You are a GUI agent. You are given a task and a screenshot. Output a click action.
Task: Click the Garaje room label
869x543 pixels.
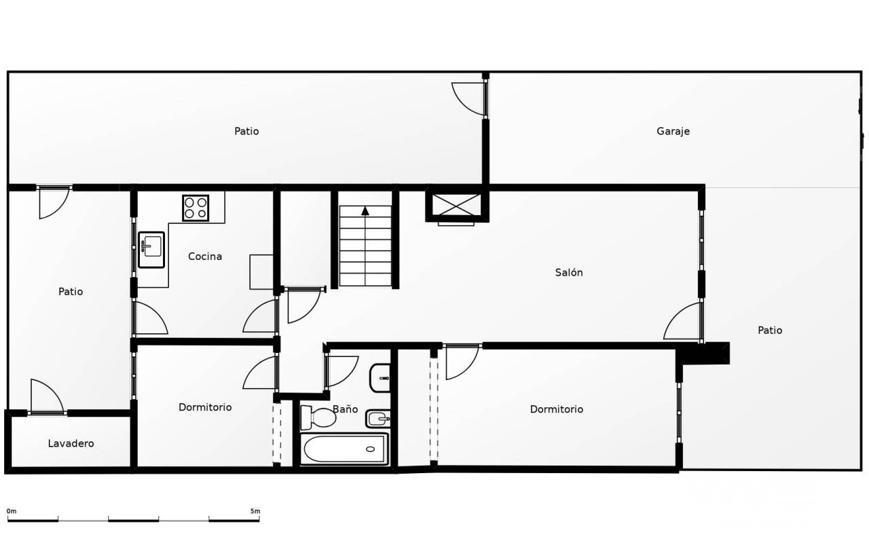click(x=673, y=132)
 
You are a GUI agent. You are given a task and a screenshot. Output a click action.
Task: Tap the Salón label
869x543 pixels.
click(x=569, y=272)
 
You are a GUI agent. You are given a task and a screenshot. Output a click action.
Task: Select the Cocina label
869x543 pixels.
click(x=205, y=257)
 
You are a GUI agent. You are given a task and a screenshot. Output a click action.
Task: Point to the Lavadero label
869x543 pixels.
click(x=71, y=443)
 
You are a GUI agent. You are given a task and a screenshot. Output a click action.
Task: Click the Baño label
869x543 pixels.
click(x=346, y=409)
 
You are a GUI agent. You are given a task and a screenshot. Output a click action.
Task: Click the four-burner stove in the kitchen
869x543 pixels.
click(x=196, y=208)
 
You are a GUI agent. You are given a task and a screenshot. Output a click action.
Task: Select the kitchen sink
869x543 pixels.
click(x=151, y=250)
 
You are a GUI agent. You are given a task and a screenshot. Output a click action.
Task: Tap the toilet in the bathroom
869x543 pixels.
click(x=318, y=417)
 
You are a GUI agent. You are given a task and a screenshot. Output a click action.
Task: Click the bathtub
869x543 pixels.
click(x=344, y=449)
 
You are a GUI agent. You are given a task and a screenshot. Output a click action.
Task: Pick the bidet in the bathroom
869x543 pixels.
click(x=377, y=419)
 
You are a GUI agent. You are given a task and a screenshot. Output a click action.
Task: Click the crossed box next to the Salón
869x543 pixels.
click(x=457, y=205)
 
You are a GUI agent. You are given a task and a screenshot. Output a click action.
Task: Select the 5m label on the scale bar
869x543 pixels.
click(x=255, y=511)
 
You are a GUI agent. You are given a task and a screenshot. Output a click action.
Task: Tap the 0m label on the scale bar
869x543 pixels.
click(x=12, y=511)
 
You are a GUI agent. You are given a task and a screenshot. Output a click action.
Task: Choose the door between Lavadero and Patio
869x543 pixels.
click(x=47, y=396)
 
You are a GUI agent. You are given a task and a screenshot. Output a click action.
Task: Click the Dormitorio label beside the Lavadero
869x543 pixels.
click(x=205, y=407)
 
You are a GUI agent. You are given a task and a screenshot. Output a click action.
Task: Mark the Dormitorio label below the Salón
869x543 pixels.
click(x=556, y=409)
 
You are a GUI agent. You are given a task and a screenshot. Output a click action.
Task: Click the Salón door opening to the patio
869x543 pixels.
click(x=684, y=321)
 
